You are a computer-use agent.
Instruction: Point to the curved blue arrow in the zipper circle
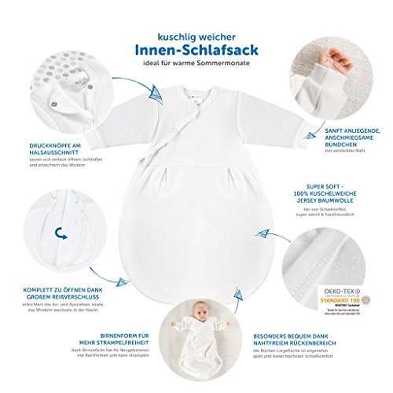[60, 230]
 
